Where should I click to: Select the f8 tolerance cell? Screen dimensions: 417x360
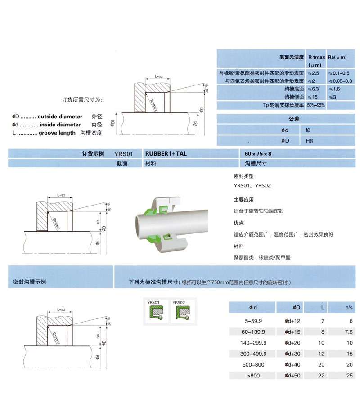click(x=309, y=130)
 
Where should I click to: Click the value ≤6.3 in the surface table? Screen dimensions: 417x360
click(x=314, y=89)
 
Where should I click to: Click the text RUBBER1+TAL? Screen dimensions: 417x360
click(x=166, y=153)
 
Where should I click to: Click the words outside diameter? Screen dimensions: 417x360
click(x=60, y=116)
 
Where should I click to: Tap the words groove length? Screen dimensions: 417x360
click(x=57, y=133)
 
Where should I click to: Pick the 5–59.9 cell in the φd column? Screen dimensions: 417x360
click(x=253, y=321)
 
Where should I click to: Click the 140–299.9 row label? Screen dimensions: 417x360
click(x=253, y=343)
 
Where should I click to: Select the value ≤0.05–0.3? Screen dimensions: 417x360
click(x=340, y=81)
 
